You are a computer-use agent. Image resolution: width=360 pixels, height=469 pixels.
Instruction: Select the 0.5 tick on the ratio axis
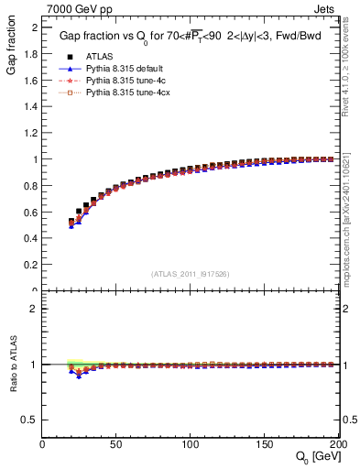(30, 420)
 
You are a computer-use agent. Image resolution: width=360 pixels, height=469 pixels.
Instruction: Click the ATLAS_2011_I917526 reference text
(191, 274)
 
